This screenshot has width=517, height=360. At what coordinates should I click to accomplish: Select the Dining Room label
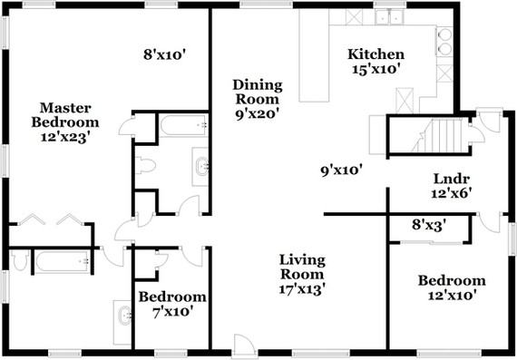click(258, 92)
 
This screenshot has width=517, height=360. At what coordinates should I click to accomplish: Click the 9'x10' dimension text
click(347, 169)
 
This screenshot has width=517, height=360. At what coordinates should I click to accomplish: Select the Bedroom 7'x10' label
click(171, 304)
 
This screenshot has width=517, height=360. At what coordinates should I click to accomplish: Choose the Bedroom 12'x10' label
click(451, 287)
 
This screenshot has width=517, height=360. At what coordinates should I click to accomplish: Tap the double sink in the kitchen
click(392, 15)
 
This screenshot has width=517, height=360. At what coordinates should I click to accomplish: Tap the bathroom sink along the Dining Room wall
click(201, 165)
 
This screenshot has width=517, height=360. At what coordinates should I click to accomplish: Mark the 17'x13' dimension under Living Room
click(302, 289)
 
